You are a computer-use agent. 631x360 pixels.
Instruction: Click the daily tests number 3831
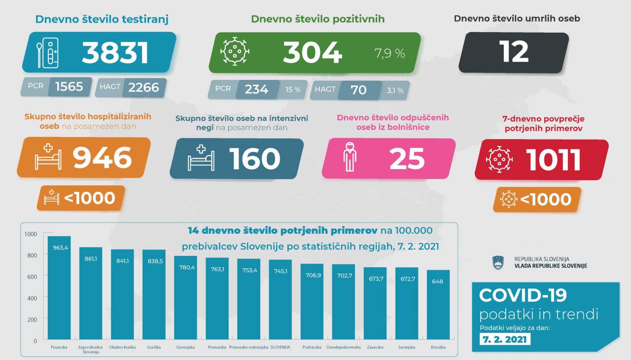[x=115, y=53]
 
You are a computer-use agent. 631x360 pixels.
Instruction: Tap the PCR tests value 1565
[x=69, y=87]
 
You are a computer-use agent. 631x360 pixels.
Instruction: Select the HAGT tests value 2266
[x=143, y=87]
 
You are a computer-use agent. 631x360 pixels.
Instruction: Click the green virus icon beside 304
[x=234, y=51]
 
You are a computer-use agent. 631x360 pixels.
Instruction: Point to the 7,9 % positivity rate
[x=389, y=53]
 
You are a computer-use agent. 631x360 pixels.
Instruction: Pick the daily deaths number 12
[x=514, y=51]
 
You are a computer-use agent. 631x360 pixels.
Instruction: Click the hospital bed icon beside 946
[x=48, y=158]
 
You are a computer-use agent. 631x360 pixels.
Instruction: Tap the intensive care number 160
[x=254, y=159]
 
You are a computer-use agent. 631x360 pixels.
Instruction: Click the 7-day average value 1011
[x=553, y=159]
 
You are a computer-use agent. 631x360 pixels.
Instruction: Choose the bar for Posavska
[x=59, y=288]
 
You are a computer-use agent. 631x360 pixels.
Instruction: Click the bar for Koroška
[x=438, y=305]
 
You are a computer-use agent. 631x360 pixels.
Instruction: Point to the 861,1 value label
[x=91, y=258]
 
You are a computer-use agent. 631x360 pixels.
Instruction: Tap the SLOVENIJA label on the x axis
[x=280, y=347]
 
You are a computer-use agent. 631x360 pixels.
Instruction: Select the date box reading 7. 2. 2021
[x=504, y=339]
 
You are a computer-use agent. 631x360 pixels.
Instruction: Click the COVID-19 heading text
[x=523, y=295]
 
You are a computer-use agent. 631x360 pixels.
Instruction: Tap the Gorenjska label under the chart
[x=185, y=347]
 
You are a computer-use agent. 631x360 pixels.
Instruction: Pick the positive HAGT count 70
[x=358, y=90]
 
